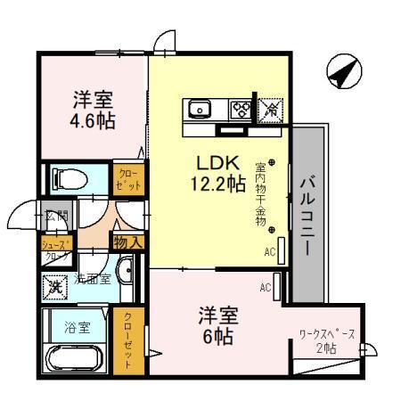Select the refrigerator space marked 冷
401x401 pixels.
(270, 110)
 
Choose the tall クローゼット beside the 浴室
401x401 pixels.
(126, 341)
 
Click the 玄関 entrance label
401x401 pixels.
(56, 216)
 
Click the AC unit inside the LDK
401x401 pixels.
(281, 251)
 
